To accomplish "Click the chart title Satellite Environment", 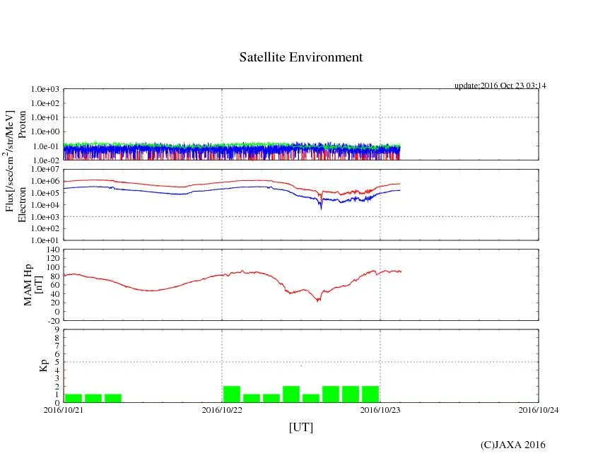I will click(301, 57).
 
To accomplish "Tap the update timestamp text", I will click(500, 86).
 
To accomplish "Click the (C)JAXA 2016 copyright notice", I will click(512, 445).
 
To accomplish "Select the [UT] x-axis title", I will click(301, 428).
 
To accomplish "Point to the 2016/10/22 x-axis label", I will click(222, 409).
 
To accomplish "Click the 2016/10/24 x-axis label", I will click(539, 409).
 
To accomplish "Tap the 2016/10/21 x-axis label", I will click(64, 409).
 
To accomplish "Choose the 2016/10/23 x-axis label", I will click(380, 409).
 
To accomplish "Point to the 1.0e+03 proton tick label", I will click(44, 90).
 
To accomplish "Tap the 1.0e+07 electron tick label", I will click(44, 170).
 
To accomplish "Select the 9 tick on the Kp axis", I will click(57, 329).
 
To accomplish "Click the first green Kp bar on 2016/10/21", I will click(74, 398).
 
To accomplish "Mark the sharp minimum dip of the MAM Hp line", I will click(319, 300).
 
